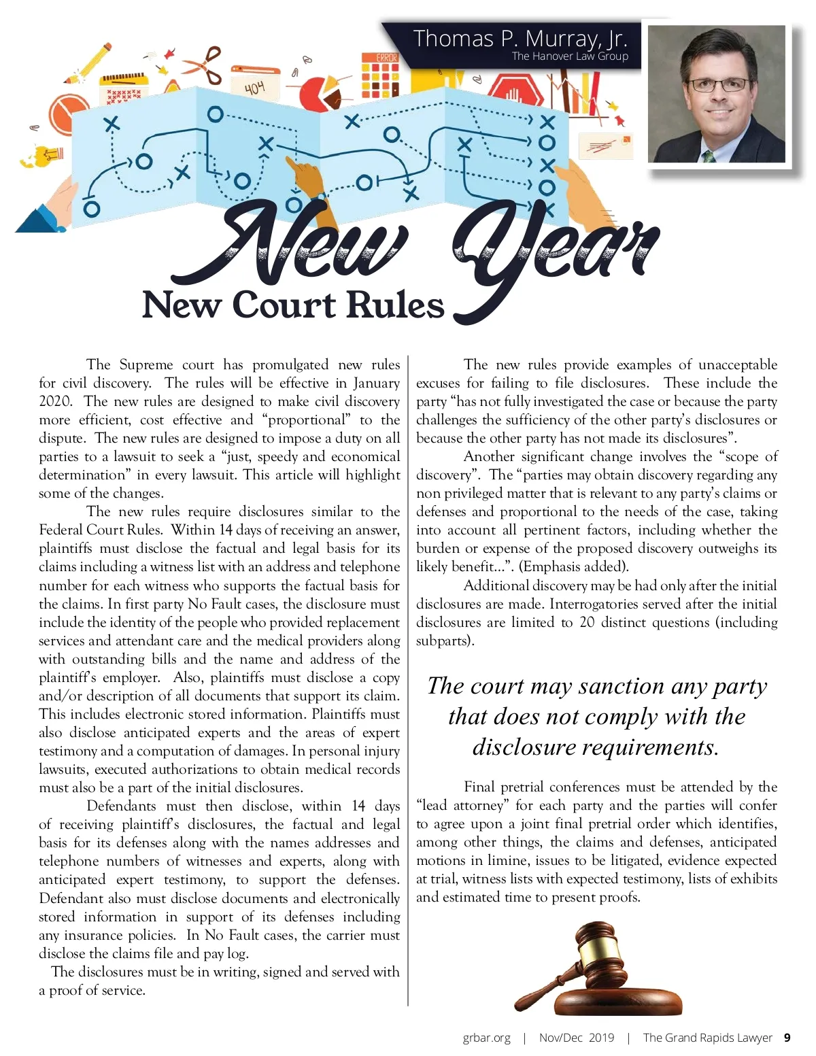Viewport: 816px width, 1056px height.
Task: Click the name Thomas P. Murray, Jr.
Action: (520, 38)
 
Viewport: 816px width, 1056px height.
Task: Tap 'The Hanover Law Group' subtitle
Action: (570, 56)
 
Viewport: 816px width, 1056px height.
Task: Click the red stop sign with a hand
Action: (507, 92)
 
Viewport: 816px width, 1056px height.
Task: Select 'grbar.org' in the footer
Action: (486, 1038)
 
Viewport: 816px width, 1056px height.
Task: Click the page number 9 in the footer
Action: (787, 1038)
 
